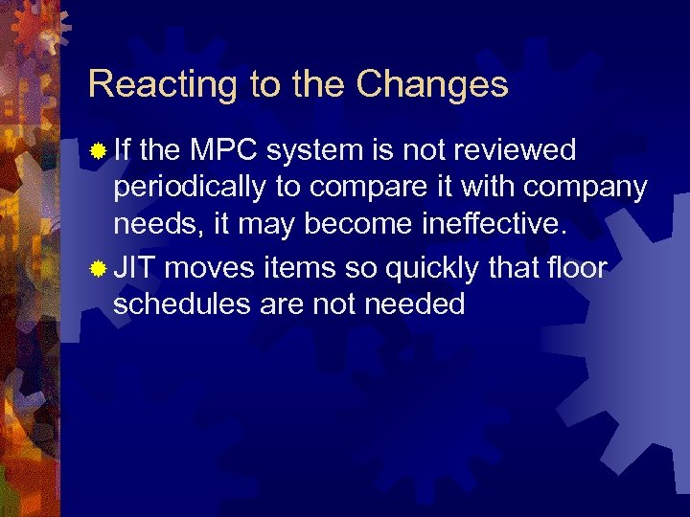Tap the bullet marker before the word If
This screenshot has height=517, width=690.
[97, 150]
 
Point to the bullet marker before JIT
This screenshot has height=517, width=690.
[97, 269]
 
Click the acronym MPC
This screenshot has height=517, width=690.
[225, 150]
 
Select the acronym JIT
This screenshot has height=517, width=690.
[135, 268]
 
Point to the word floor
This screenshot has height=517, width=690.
[574, 268]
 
